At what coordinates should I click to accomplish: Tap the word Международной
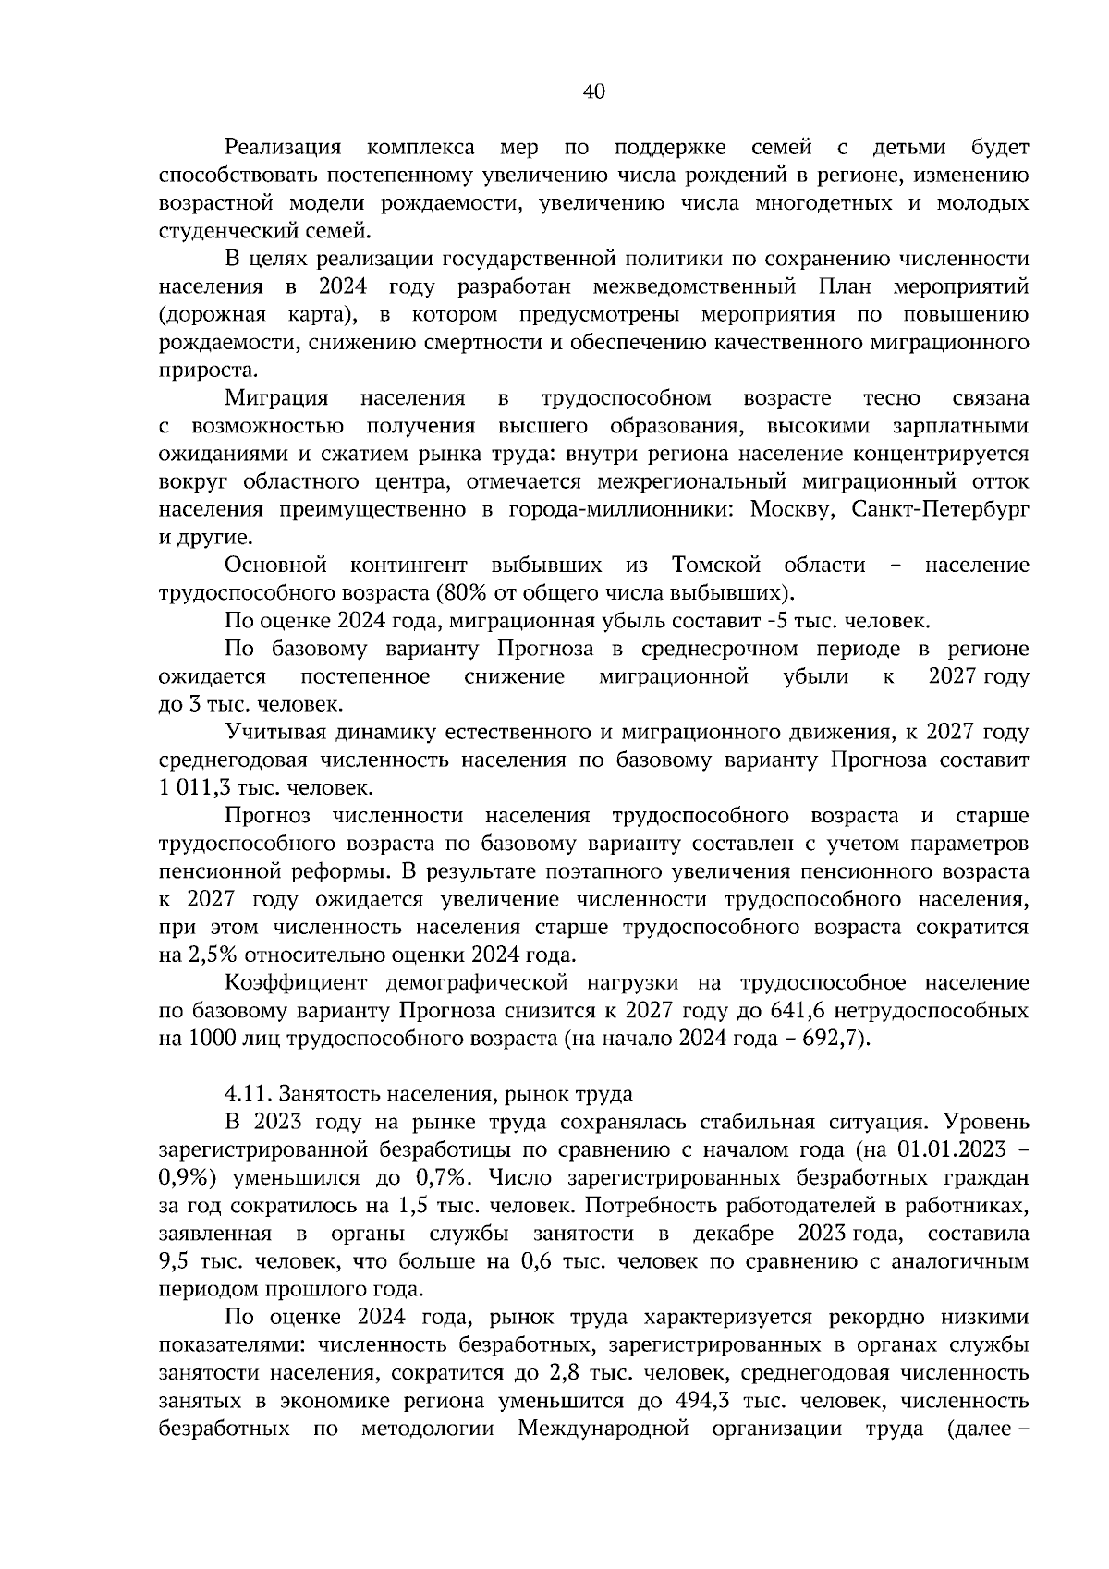603,1428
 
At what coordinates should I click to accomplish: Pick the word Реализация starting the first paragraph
284,147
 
